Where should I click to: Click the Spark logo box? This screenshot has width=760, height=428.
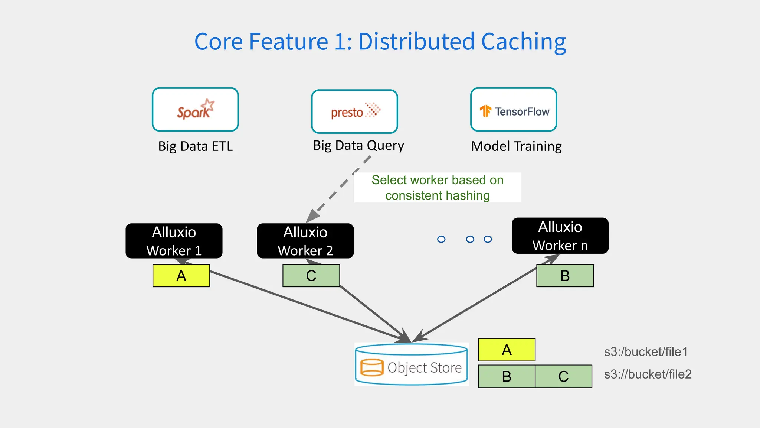point(195,110)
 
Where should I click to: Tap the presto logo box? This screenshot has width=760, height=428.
point(354,111)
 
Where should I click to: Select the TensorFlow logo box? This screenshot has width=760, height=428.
point(514,110)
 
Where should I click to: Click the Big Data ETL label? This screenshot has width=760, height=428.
point(195,146)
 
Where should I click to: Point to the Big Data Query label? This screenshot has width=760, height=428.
point(358,145)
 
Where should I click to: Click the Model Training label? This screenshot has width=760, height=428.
point(516,146)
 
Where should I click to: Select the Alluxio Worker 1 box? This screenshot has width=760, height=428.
point(174,241)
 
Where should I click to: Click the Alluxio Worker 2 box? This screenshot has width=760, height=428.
point(305,241)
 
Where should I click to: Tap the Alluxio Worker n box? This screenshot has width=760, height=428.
point(560,236)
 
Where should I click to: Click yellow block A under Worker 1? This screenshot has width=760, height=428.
point(181,276)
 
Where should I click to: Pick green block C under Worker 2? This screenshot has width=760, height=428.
point(311,276)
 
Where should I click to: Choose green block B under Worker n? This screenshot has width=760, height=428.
point(565,276)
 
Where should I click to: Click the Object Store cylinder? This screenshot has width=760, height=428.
point(411,364)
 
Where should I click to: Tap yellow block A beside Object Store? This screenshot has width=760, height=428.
point(507,350)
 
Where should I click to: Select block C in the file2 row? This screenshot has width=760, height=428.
point(563,376)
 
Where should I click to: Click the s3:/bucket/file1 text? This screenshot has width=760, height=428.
point(646,351)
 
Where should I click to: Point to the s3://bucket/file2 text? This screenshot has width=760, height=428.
point(648,374)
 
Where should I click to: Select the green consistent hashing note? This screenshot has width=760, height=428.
point(437,188)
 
